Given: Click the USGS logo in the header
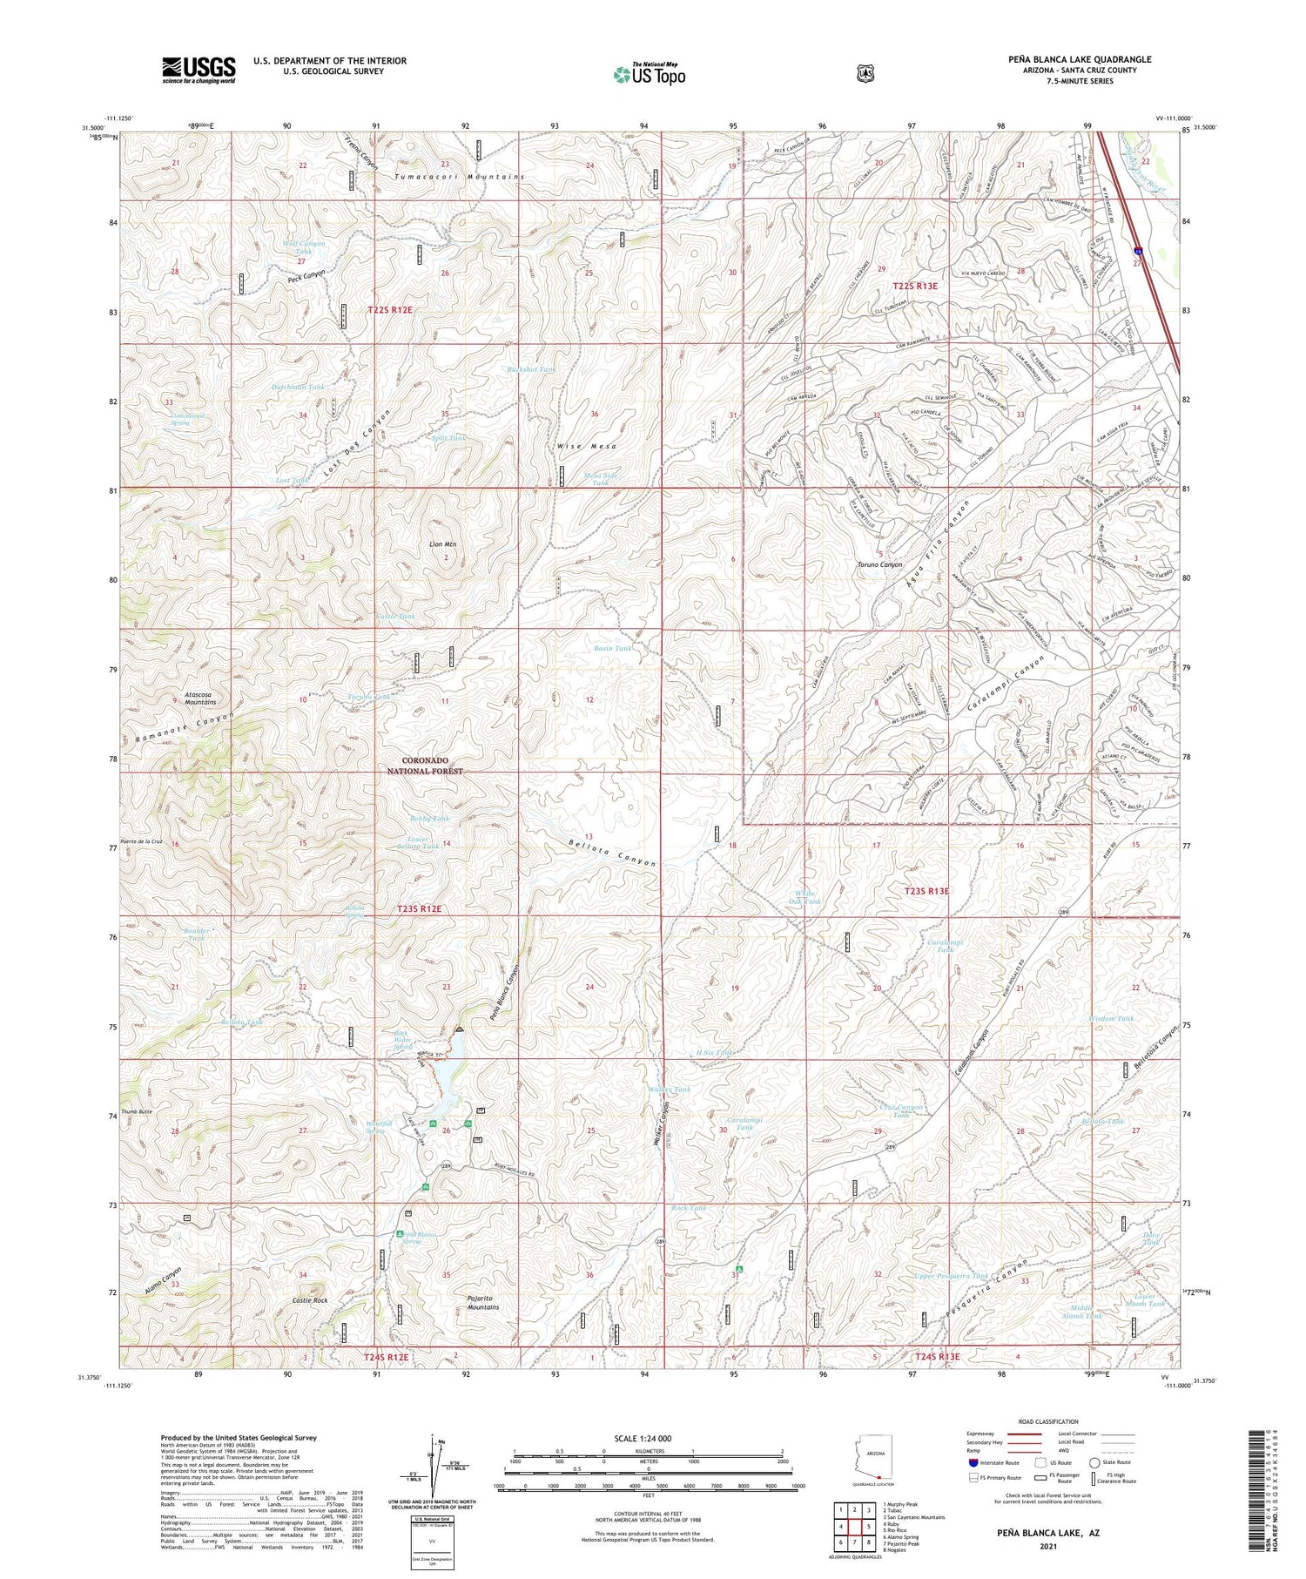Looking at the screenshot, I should (199, 70).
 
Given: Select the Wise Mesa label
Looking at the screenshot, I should (587, 446).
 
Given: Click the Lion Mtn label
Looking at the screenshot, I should (443, 544).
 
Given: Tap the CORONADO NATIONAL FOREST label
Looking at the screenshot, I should (421, 766).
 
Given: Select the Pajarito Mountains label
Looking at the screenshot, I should (483, 1302).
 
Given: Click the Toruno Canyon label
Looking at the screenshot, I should (879, 565).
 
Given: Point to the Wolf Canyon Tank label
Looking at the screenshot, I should (304, 247).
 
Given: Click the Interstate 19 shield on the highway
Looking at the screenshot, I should (1140, 250).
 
